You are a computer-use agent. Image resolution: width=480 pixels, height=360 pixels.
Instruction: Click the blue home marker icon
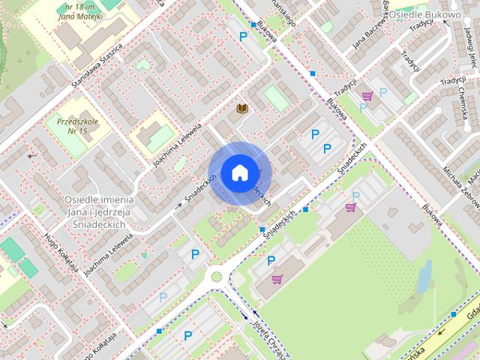(238, 172)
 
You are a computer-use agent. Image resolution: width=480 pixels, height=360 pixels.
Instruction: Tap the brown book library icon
(242, 109)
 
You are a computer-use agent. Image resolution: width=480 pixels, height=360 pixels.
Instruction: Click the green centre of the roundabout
(217, 277)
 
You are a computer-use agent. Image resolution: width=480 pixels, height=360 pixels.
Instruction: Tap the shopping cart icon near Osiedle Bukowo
(367, 96)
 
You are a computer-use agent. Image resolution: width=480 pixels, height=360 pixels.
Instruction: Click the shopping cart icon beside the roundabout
(277, 279)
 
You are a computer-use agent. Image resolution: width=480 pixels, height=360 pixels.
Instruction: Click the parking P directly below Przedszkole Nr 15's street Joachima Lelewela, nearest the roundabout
(196, 255)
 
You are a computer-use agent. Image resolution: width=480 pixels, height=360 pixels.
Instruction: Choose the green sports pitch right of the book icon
(277, 98)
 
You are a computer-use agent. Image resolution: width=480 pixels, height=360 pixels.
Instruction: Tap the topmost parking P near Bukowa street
(242, 36)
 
